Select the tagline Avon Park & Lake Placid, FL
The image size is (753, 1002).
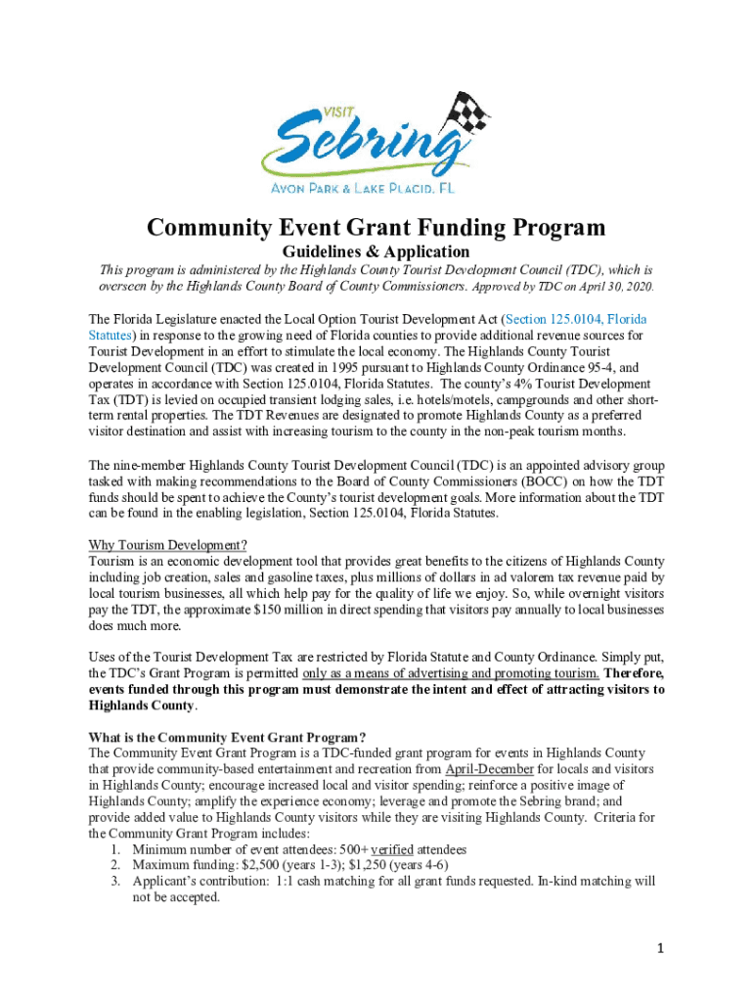click(x=376, y=190)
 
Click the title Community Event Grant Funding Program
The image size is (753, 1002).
click(x=376, y=229)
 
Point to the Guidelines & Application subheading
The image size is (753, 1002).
click(x=376, y=251)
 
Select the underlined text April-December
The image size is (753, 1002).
click(x=489, y=769)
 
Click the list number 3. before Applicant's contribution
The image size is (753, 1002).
click(x=114, y=882)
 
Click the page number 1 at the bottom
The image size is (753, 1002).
click(x=662, y=949)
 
